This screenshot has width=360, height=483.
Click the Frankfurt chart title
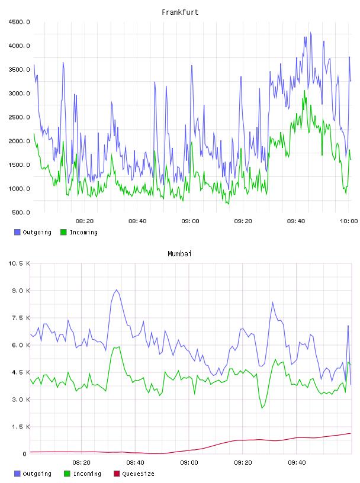pyautogui.click(x=180, y=12)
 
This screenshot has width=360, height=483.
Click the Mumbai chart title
pyautogui.click(x=179, y=254)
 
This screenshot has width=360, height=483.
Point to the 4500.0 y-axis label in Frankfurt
pyautogui.click(x=19, y=22)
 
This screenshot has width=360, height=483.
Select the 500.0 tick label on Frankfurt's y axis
pyautogui.click(x=21, y=212)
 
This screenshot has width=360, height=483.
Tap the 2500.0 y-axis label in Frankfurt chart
pyautogui.click(x=19, y=117)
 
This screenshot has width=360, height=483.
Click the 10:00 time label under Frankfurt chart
pyautogui.click(x=349, y=221)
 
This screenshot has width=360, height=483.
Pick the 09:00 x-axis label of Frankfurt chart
pyautogui.click(x=190, y=221)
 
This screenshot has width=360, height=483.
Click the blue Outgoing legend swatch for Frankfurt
pyautogui.click(x=17, y=232)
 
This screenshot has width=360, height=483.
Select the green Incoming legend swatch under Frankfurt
pyautogui.click(x=63, y=232)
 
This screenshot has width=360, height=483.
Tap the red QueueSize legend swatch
pyautogui.click(x=117, y=474)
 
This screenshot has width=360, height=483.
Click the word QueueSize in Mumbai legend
pyautogui.click(x=138, y=474)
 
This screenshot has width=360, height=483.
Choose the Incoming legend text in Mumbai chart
pyautogui.click(x=87, y=474)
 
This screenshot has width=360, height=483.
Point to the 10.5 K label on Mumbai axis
pyautogui.click(x=19, y=263)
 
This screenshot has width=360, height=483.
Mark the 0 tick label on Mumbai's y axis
pyautogui.click(x=25, y=454)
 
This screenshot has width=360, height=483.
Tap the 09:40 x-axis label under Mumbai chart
pyautogui.click(x=297, y=463)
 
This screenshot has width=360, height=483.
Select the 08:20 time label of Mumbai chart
pyautogui.click(x=81, y=463)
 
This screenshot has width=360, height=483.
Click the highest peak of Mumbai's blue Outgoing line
pyautogui.click(x=116, y=290)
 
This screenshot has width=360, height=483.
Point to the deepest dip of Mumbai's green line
pyautogui.click(x=262, y=408)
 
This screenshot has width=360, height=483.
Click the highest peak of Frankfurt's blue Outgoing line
pyautogui.click(x=311, y=33)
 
